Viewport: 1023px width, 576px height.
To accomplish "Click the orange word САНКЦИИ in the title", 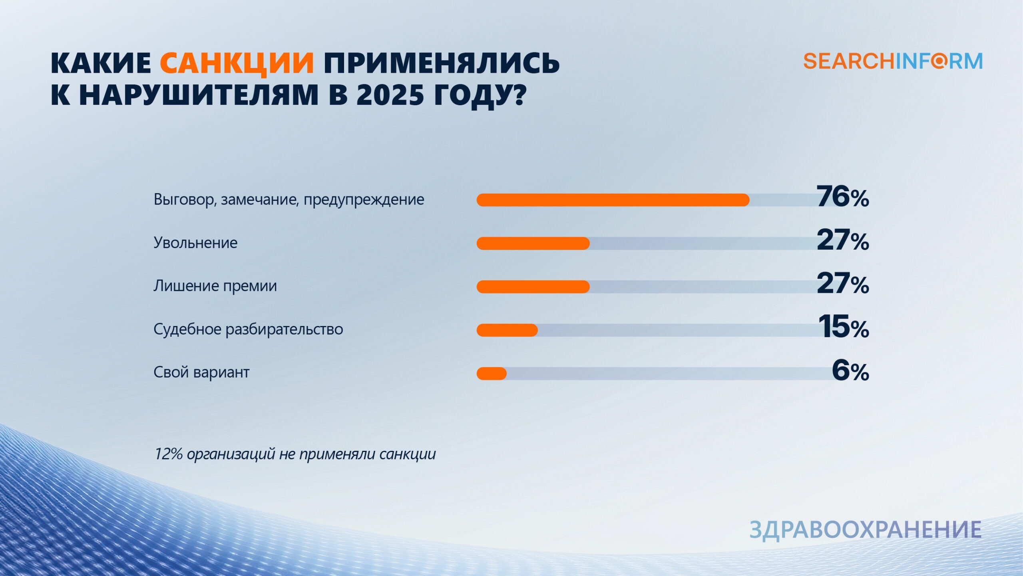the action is [237, 63].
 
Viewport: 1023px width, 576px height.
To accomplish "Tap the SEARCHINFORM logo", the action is [893, 62].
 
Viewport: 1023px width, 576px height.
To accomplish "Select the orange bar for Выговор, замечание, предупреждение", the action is [613, 200].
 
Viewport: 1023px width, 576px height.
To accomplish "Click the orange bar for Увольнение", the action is [533, 243].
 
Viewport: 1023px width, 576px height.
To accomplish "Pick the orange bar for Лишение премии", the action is [533, 287].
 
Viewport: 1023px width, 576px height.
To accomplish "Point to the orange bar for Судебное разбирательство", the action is [507, 330].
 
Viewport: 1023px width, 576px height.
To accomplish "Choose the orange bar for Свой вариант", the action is [492, 374].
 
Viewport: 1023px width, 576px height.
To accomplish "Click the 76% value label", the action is [843, 197].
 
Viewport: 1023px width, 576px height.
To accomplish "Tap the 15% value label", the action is [844, 326].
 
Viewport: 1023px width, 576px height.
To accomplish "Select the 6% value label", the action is [850, 370].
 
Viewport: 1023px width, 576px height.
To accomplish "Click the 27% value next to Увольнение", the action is [843, 240].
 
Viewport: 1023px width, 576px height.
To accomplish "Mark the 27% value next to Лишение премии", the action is [843, 283].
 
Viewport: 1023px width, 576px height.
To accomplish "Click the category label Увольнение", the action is [195, 243].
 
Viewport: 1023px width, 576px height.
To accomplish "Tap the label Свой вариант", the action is [201, 372].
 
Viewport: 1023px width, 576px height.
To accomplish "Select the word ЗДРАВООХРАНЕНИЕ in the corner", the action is [866, 530].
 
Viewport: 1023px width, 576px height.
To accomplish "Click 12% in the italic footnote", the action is [168, 454].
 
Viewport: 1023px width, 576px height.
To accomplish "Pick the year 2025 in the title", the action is [390, 95].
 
